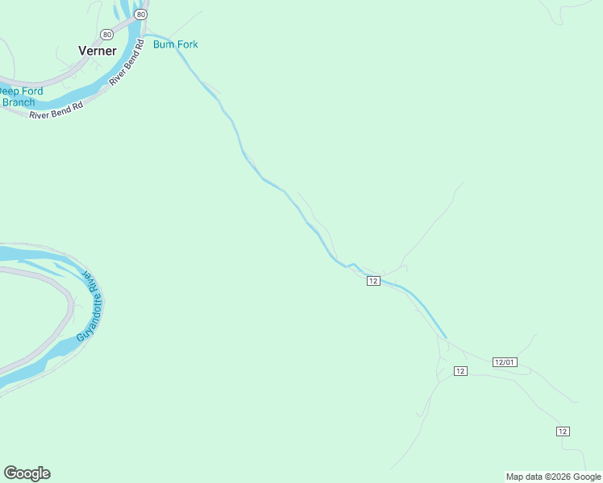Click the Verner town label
[x=98, y=51]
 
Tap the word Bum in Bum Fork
[x=164, y=44]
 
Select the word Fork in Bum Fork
[x=186, y=44]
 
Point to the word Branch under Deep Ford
[x=19, y=102]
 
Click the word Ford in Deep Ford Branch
[x=32, y=92]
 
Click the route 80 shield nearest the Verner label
[x=107, y=34]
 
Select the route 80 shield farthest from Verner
[x=142, y=14]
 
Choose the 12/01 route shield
[x=504, y=362]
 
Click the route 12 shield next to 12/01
[x=460, y=370]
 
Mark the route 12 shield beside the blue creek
[x=372, y=280]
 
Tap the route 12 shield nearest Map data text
[x=563, y=431]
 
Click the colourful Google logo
[x=27, y=473]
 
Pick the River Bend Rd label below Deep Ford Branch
[x=56, y=110]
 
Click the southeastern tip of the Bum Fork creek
[x=445, y=337]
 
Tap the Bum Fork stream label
[x=175, y=44]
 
